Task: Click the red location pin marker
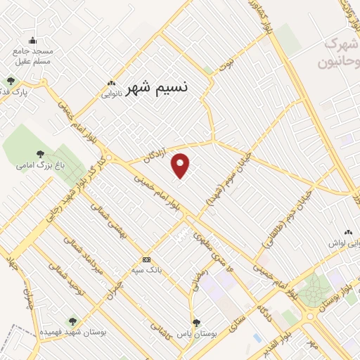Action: (181, 165)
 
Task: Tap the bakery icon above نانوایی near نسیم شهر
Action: (111, 82)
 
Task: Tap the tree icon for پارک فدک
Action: (10, 80)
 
